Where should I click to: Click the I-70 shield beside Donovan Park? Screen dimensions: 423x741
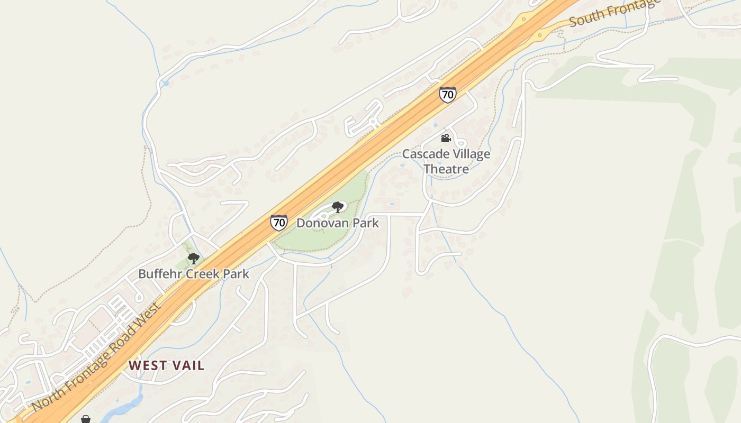[279, 223]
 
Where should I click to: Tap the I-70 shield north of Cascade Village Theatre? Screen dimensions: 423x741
[447, 95]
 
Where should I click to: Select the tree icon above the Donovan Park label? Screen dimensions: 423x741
[337, 207]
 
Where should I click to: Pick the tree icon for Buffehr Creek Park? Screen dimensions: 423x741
[193, 259]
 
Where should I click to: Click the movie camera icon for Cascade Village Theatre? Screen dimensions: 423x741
[446, 139]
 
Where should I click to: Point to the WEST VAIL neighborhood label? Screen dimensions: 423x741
[166, 365]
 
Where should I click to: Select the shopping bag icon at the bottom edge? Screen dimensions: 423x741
[85, 419]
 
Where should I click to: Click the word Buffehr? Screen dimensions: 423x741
[158, 274]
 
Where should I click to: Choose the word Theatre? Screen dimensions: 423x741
[446, 169]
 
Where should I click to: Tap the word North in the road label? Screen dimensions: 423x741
[45, 400]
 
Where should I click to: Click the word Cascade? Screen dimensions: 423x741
[422, 154]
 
